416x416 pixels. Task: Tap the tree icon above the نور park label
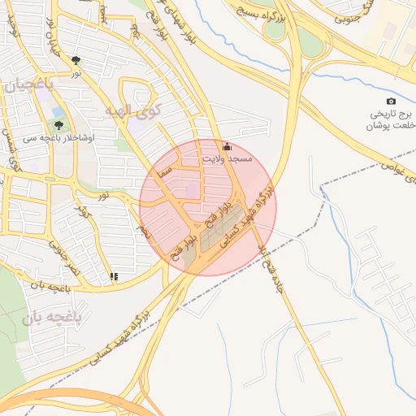76,60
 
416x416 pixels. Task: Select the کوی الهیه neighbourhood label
134,108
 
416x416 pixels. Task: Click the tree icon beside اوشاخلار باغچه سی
58,125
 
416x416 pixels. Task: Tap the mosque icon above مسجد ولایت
227,147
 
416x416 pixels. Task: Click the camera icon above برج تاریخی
391,101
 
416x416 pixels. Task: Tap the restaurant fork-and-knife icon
114,276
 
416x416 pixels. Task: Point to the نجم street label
145,232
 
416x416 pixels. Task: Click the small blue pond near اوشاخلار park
58,113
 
